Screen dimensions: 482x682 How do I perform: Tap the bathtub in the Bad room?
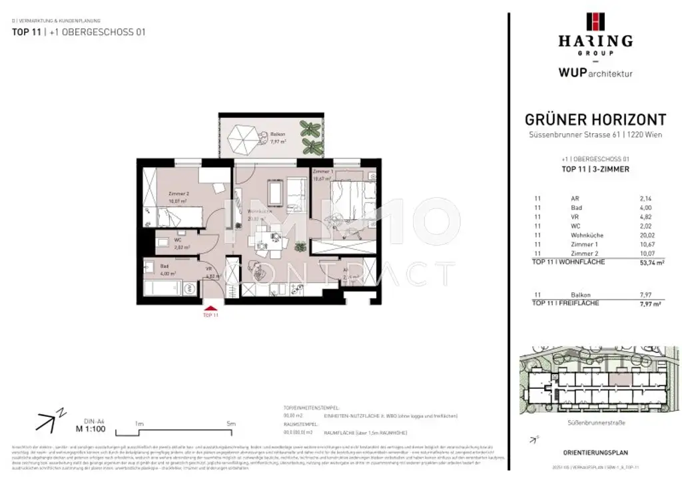(x=162, y=288)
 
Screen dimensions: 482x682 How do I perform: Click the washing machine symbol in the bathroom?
(x=188, y=288)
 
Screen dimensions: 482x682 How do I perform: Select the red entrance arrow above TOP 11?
(x=210, y=307)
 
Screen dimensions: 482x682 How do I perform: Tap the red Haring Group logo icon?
(x=595, y=21)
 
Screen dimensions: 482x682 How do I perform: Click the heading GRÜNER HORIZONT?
(x=595, y=120)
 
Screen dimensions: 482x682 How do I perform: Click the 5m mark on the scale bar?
(x=230, y=423)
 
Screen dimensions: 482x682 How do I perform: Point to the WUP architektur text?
(x=595, y=73)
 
